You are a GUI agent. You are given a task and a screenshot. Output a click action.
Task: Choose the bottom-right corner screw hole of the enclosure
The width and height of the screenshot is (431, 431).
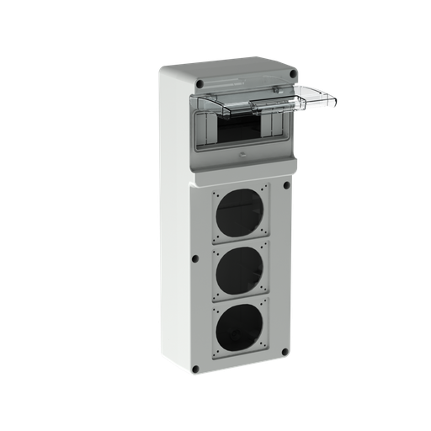(283, 364)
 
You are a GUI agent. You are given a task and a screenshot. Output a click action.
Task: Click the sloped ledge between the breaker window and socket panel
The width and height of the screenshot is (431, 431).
(240, 168)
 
